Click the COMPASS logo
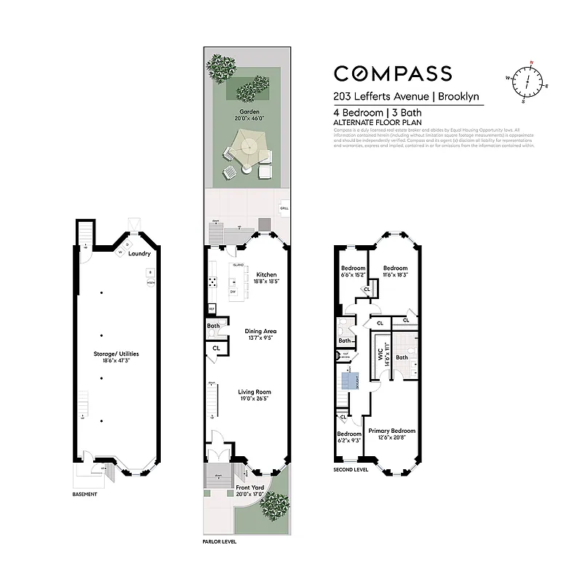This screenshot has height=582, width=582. pos(392,73)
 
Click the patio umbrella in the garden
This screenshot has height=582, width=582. pos(247,148)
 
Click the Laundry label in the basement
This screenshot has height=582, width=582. pos(139,254)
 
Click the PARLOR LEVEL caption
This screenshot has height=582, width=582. pos(219,542)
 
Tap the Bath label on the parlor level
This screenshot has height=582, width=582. pos(213,326)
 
